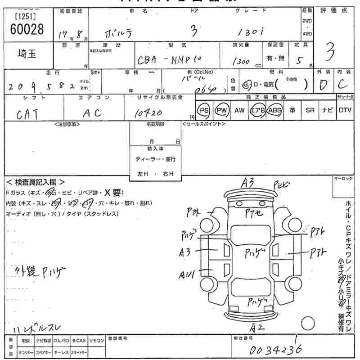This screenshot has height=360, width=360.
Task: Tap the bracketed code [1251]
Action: click(x=26, y=16)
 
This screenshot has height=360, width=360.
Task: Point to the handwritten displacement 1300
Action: click(x=241, y=62)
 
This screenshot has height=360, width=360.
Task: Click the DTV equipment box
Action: click(x=345, y=110)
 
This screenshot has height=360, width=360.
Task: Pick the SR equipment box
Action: click(x=310, y=110)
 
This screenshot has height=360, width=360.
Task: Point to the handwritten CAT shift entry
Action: click(x=27, y=114)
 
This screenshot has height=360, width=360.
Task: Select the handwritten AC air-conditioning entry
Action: click(x=92, y=113)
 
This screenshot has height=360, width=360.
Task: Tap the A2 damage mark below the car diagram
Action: click(x=256, y=327)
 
